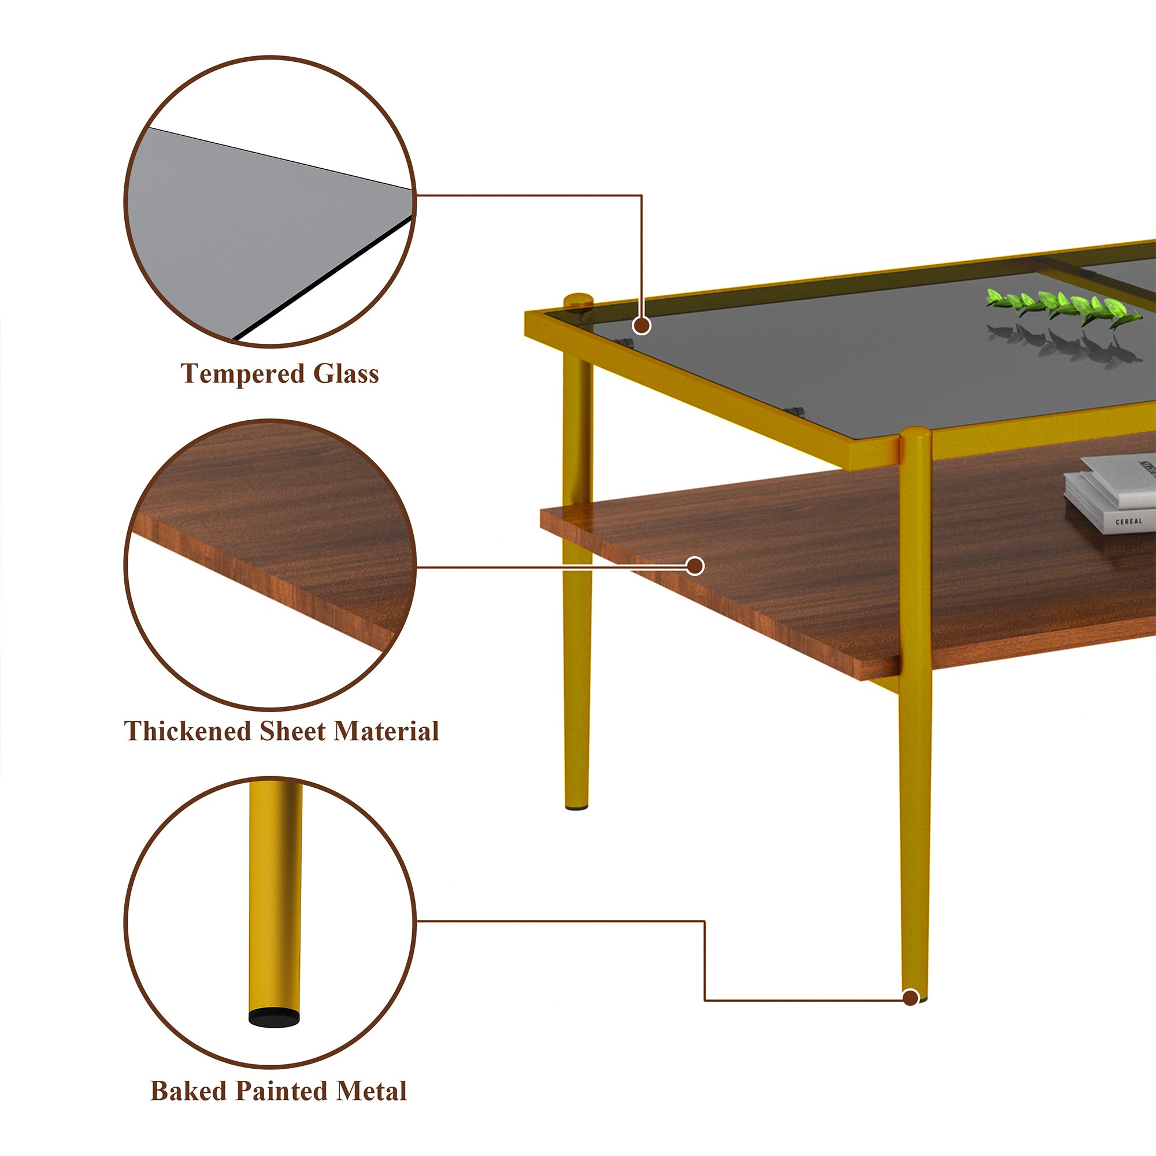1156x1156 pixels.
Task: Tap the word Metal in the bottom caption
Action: [x=371, y=1091]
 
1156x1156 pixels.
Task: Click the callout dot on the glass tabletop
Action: [x=642, y=325]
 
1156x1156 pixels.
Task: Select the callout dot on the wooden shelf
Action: [x=695, y=565]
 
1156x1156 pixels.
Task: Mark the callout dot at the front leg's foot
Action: [x=910, y=998]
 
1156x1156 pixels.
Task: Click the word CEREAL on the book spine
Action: [x=1128, y=522]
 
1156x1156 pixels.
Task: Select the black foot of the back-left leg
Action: [x=576, y=808]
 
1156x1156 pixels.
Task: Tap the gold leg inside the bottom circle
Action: [x=275, y=898]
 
